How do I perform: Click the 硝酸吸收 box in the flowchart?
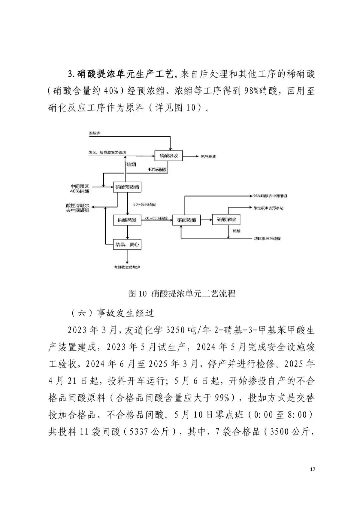169,156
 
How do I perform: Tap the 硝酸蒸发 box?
127,220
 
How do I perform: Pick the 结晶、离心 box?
127,245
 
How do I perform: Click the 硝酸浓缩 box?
186,220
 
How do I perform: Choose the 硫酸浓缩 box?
226,220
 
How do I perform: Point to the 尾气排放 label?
208,156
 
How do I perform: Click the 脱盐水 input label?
94,133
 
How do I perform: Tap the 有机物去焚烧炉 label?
127,267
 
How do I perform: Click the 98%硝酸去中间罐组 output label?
270,196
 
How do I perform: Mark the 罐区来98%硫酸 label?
267,239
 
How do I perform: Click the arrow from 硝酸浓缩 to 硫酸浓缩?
206,220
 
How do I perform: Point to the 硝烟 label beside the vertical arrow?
131,165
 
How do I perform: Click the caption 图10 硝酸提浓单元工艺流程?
182,293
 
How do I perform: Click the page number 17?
312,469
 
